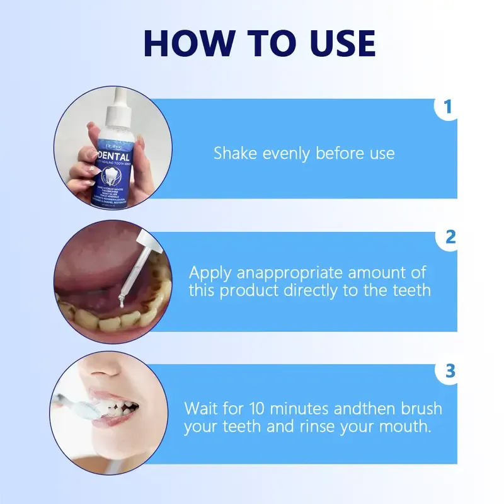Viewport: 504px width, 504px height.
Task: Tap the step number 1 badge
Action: point(448,107)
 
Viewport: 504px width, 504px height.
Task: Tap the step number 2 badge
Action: point(449,238)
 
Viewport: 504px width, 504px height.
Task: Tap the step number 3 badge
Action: point(449,372)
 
